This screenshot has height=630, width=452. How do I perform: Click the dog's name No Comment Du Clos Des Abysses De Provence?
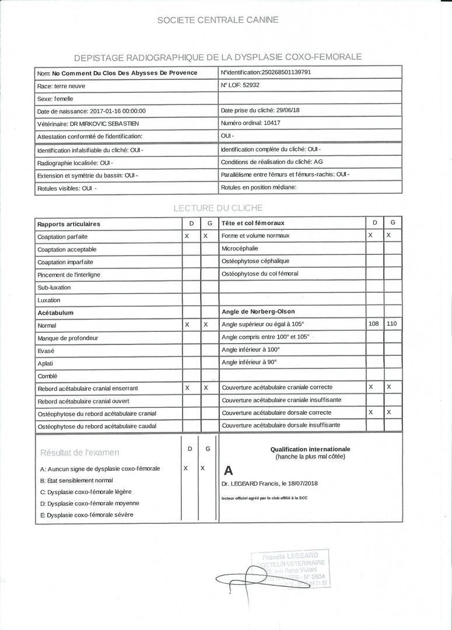[x=124, y=73]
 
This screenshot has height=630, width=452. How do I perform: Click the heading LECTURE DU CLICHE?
[x=218, y=208]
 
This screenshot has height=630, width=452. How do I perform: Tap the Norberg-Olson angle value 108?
[x=374, y=323]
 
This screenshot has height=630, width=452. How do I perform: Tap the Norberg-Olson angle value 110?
[x=393, y=323]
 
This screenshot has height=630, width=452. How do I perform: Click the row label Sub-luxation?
[x=54, y=288]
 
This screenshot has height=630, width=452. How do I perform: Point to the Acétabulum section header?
[x=55, y=313]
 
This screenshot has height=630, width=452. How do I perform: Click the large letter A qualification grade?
[x=228, y=470]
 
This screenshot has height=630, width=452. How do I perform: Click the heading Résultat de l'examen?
[x=79, y=452]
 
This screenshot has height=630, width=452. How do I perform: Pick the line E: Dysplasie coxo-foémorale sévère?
[x=87, y=514]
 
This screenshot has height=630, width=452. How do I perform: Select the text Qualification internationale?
[x=310, y=449]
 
